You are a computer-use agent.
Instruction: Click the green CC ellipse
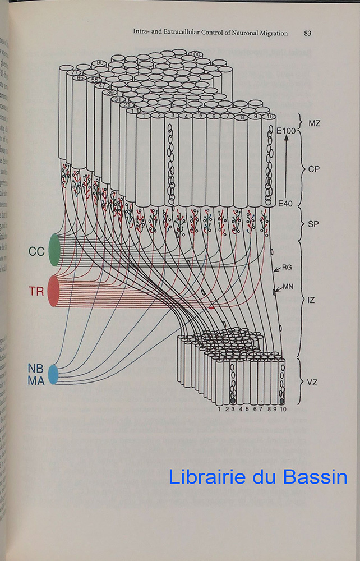(54, 250)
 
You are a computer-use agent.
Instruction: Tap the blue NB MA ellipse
(53, 374)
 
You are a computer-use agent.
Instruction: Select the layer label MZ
(315, 123)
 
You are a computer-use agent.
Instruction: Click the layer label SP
(315, 223)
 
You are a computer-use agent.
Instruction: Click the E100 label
(286, 131)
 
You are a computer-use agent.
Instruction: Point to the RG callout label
(287, 268)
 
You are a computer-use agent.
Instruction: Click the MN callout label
(288, 287)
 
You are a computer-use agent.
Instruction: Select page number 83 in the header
(307, 33)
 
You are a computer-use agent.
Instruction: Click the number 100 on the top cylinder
(195, 54)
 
